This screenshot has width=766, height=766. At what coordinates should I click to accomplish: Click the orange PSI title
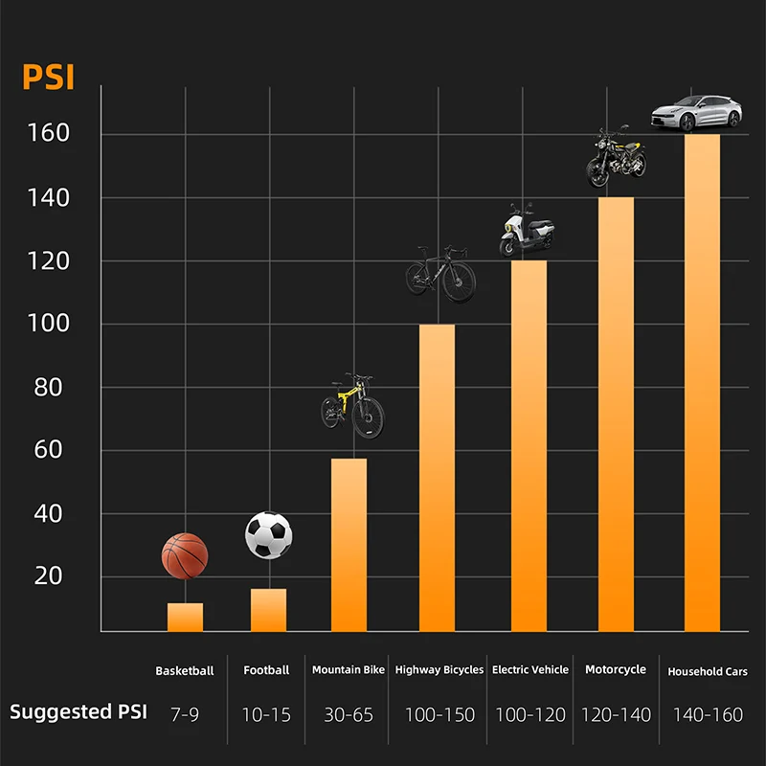(48, 77)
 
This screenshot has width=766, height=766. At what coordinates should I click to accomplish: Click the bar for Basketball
(185, 617)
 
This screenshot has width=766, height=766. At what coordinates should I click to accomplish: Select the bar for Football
(268, 610)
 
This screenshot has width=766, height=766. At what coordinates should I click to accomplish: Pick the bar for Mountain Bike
(349, 545)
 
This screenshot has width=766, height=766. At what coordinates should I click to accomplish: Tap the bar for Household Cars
(702, 383)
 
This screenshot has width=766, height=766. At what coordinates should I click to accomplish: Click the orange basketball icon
(185, 555)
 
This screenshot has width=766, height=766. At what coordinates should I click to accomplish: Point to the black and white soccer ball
(268, 535)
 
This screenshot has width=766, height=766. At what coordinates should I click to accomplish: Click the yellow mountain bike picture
(352, 405)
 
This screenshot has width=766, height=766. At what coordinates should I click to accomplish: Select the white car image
(697, 113)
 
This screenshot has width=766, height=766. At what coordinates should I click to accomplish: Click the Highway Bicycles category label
(439, 670)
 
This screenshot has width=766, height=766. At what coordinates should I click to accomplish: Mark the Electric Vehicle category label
(530, 670)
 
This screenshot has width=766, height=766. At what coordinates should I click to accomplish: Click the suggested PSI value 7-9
(185, 714)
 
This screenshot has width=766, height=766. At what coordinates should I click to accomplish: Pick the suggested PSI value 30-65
(349, 714)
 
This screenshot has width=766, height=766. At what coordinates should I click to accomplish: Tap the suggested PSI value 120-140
(615, 714)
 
